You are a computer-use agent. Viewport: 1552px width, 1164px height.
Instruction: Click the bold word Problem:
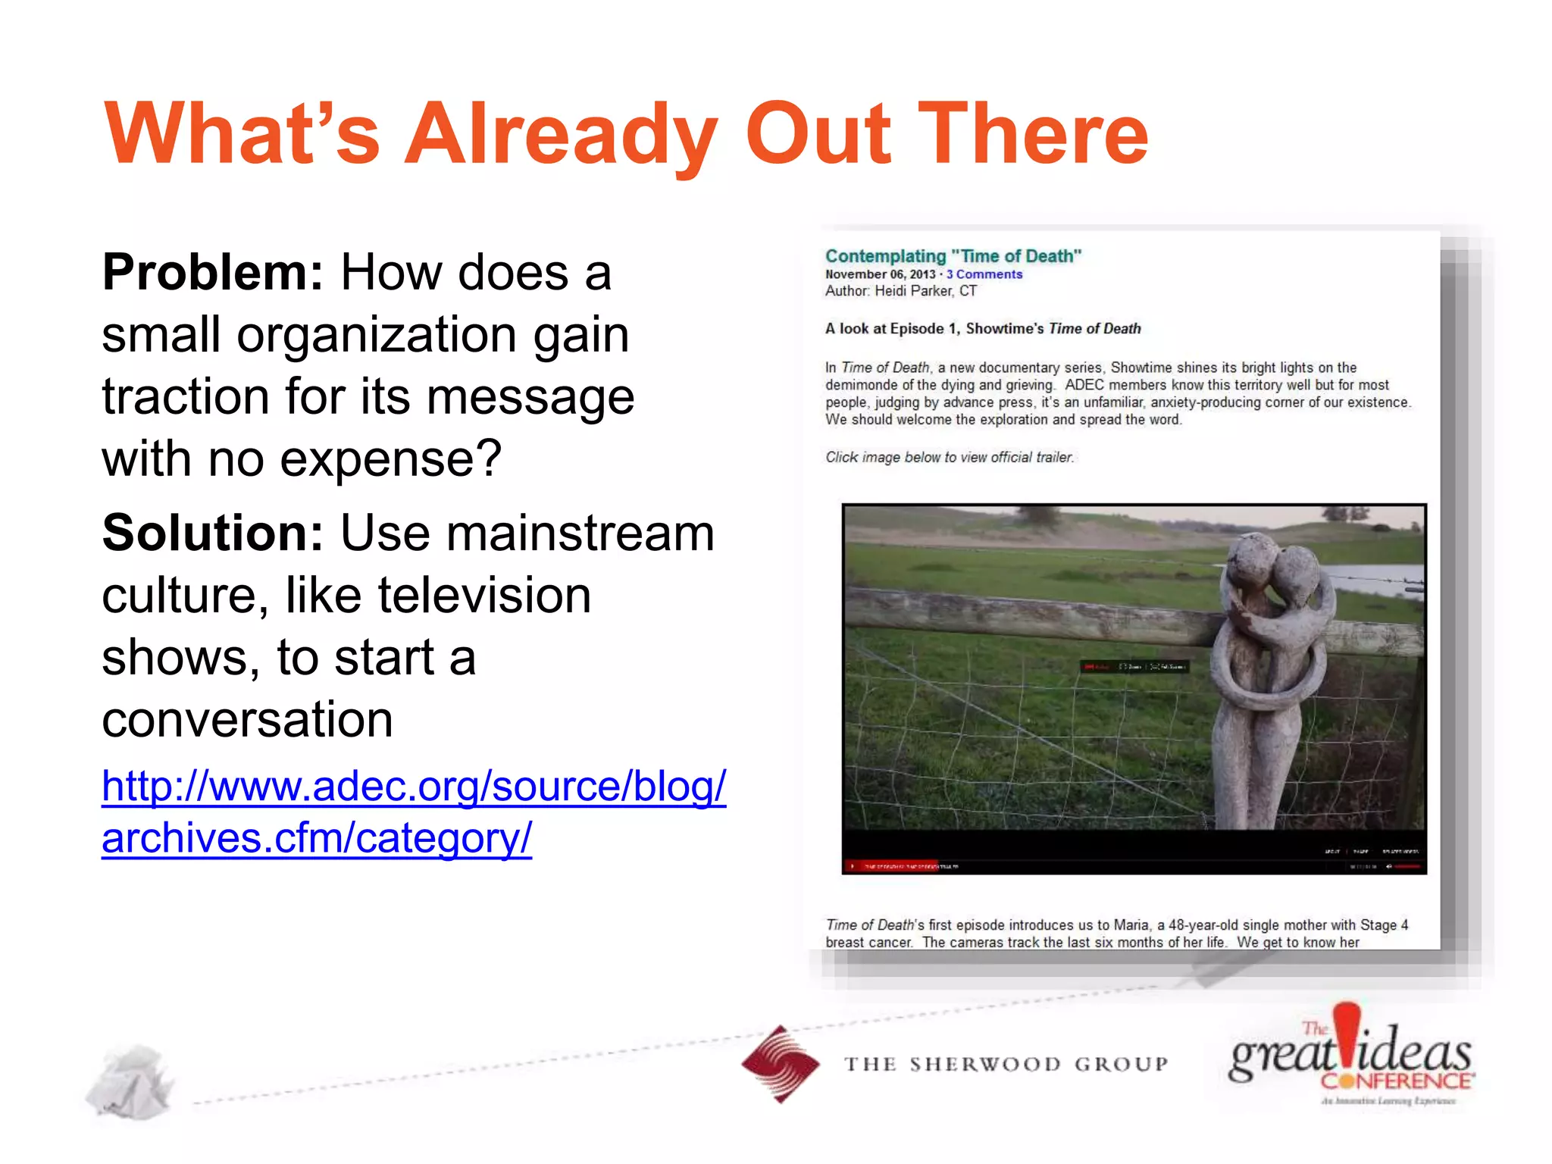click(x=213, y=273)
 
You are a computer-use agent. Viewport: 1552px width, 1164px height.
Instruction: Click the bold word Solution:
click(x=213, y=533)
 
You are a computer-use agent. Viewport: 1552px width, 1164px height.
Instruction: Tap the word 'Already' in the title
click(x=561, y=135)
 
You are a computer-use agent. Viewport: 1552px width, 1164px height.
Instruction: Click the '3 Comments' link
click(x=984, y=274)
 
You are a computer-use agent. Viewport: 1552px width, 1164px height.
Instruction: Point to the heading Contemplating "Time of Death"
click(x=953, y=256)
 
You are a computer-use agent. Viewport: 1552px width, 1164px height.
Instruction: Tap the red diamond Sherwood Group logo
click(x=780, y=1064)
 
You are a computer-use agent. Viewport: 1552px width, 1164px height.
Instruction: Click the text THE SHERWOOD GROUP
click(x=1006, y=1065)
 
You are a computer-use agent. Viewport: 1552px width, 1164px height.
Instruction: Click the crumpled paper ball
click(x=130, y=1082)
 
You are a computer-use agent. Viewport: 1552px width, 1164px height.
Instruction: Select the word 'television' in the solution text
click(x=484, y=596)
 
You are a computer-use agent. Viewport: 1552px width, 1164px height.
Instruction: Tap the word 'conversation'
click(x=248, y=720)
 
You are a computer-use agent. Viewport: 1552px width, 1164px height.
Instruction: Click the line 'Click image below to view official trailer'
click(x=950, y=457)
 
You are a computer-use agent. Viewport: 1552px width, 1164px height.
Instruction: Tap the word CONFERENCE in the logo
click(x=1396, y=1081)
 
